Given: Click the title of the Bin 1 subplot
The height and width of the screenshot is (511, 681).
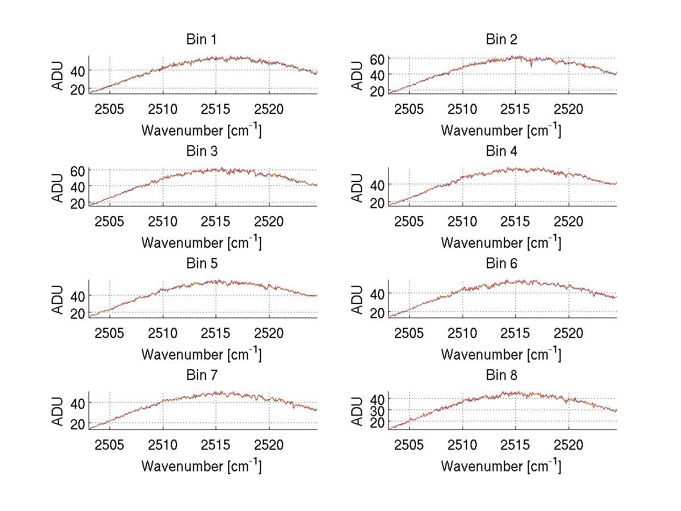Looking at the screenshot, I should click(201, 40).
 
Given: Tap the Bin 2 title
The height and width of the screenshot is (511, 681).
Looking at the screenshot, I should click(502, 40).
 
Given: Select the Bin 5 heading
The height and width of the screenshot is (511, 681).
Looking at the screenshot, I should click(201, 264).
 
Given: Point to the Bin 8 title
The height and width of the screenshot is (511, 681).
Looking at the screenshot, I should click(502, 375).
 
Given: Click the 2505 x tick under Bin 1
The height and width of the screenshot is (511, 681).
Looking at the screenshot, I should click(110, 109).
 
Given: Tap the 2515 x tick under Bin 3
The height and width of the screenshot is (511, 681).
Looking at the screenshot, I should click(216, 221).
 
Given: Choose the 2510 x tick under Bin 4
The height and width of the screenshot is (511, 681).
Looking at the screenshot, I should click(463, 221).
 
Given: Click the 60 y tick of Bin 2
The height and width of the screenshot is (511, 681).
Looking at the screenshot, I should click(378, 58).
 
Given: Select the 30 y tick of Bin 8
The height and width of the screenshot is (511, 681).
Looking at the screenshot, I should click(378, 410).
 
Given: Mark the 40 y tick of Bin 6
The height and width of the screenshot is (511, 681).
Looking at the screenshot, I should click(378, 293).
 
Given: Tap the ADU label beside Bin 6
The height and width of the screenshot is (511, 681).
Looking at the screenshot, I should click(358, 299).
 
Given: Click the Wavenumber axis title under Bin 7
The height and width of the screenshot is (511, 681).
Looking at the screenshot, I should click(201, 466).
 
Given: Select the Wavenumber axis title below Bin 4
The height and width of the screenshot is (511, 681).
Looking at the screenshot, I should click(501, 242).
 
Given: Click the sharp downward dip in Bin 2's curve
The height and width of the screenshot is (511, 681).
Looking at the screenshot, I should click(531, 66).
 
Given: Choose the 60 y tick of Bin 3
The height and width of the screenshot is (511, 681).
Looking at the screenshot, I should click(78, 171).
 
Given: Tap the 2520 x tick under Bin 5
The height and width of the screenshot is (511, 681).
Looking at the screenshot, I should click(269, 332).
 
